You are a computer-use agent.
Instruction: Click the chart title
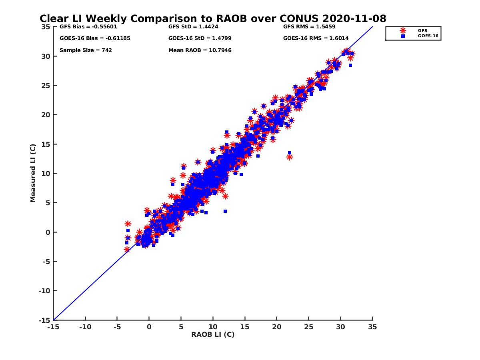pyautogui.click(x=213, y=19)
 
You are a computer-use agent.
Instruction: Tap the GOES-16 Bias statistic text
pyautogui.click(x=95, y=38)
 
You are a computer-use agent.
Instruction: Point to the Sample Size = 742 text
pyautogui.click(x=86, y=50)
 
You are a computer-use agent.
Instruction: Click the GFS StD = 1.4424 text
pyautogui.click(x=193, y=27)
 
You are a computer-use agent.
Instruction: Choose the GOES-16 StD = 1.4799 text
pyautogui.click(x=200, y=38)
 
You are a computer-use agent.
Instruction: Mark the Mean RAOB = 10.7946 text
pyautogui.click(x=200, y=50)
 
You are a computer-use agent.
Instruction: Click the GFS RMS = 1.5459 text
pyautogui.click(x=309, y=27)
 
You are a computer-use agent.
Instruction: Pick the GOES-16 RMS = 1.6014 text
pyautogui.click(x=316, y=38)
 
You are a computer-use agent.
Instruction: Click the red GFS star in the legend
pyautogui.click(x=403, y=30)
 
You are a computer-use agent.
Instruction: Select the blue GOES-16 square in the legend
pyautogui.click(x=403, y=36)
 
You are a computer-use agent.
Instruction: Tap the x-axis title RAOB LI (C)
pyautogui.click(x=213, y=334)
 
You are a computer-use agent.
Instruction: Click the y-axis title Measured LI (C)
pyautogui.click(x=33, y=174)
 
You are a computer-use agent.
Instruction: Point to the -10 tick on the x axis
pyautogui.click(x=85, y=327)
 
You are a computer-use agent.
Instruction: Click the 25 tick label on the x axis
pyautogui.click(x=308, y=327)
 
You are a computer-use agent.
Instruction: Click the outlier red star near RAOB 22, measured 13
pyautogui.click(x=289, y=157)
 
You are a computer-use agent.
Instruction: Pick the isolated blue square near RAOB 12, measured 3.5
pyautogui.click(x=225, y=211)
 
